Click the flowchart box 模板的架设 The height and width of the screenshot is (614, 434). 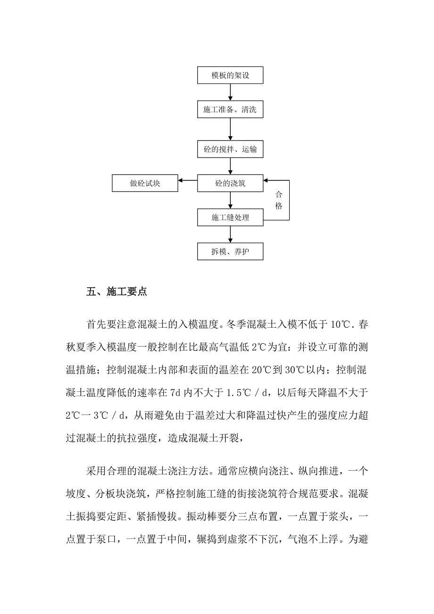click(230, 76)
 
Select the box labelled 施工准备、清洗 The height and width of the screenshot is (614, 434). click(230, 109)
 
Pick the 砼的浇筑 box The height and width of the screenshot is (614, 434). click(230, 183)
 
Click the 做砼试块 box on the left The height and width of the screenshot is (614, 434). click(145, 183)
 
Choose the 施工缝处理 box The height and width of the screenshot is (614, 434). click(230, 217)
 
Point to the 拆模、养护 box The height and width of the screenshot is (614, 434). click(230, 251)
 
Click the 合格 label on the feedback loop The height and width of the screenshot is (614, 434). click(279, 200)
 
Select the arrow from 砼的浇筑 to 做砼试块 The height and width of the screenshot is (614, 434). click(187, 180)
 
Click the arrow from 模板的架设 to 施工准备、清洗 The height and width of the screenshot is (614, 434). click(230, 92)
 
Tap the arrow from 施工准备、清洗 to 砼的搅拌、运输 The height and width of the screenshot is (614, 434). click(230, 129)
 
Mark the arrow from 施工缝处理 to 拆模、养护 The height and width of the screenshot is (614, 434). click(230, 234)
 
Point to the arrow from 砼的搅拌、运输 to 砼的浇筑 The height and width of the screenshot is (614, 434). click(230, 166)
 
